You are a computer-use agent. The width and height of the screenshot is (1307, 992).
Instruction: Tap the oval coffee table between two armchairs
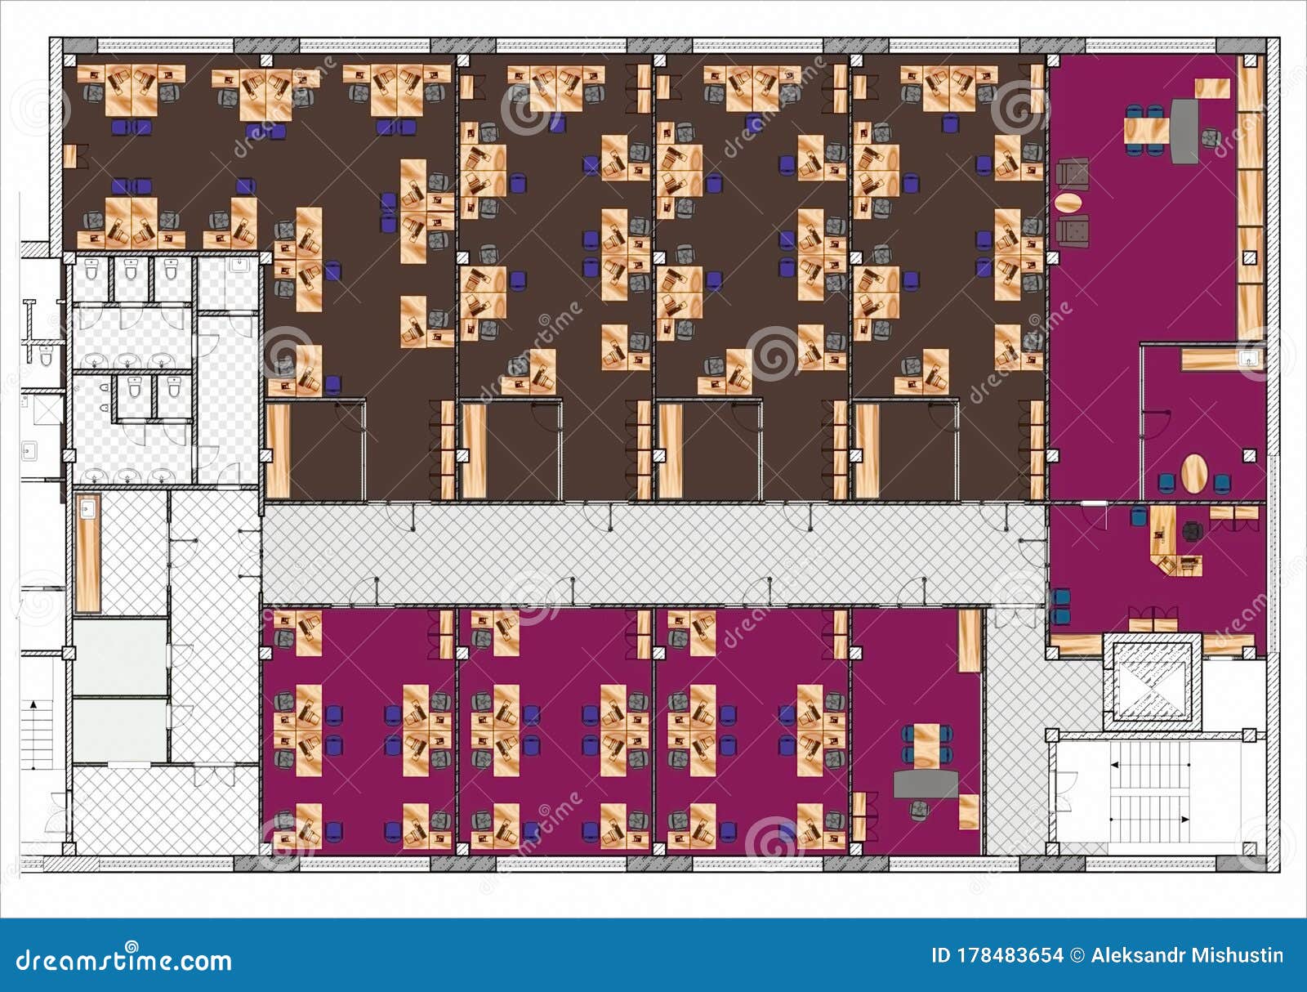coord(1070,201)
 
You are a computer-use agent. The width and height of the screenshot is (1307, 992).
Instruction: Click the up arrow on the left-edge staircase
coord(34,703)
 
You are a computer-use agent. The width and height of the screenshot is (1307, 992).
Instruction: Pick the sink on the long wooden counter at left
coord(87,511)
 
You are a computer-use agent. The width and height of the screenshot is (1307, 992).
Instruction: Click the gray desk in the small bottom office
coord(926,784)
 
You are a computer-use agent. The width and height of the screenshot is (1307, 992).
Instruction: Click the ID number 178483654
coord(997,955)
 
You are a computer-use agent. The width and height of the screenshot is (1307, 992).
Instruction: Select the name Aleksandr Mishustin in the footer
coord(1186,955)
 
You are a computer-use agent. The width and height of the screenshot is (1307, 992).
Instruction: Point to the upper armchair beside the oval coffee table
coord(1072,173)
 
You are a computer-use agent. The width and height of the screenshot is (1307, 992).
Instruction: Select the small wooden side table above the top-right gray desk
coord(1212,87)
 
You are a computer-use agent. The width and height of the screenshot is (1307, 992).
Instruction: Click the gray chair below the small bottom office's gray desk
coord(920,809)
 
